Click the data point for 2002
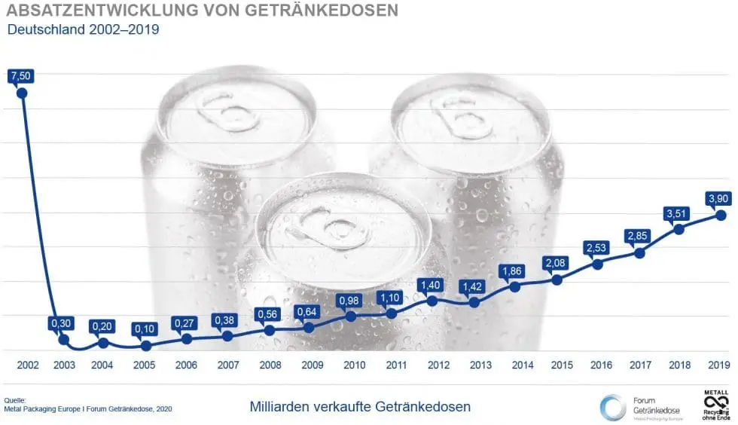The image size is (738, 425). click(22, 93)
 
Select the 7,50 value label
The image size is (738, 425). click(22, 75)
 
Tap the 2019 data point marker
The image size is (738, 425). click(720, 215)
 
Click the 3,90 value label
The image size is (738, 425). click(720, 197)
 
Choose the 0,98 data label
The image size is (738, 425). click(351, 299)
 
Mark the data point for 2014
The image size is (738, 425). click(515, 286)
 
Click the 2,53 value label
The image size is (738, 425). click(597, 247)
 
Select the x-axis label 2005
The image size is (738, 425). click(145, 365)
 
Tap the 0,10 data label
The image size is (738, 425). click(145, 329)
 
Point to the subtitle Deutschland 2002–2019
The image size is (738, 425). click(83, 30)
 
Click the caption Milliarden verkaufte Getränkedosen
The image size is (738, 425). click(360, 407)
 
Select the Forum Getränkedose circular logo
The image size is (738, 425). click(612, 408)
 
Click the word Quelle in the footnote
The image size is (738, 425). click(15, 399)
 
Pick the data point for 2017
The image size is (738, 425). click(639, 253)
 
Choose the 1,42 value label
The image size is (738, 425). click(474, 286)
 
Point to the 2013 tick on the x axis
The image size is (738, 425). click(480, 365)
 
